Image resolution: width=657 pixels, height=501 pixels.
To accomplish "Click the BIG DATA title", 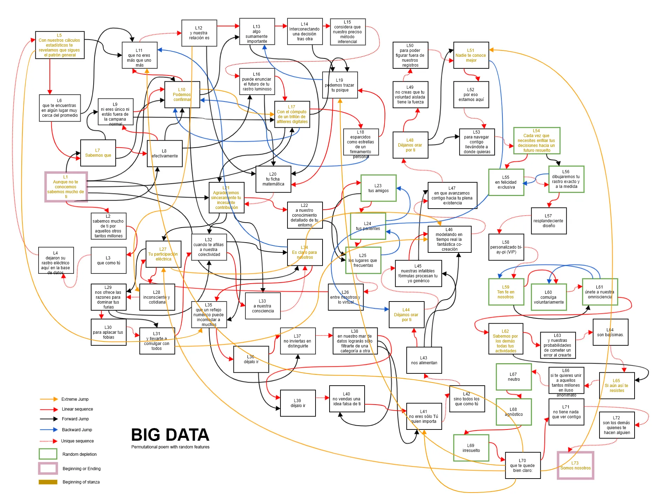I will (x=170, y=435).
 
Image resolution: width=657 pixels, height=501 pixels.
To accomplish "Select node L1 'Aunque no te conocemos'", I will (x=66, y=187).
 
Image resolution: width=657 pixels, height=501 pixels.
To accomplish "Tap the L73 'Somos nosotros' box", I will (x=575, y=465).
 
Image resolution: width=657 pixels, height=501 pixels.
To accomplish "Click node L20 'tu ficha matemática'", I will (x=273, y=179).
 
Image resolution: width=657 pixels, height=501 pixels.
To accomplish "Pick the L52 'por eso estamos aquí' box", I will (x=471, y=95).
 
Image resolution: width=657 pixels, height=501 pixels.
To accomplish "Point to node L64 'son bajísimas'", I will (x=610, y=332).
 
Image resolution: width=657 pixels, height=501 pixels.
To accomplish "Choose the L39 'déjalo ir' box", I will (x=298, y=403).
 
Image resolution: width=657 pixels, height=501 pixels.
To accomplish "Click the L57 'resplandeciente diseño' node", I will (x=549, y=221).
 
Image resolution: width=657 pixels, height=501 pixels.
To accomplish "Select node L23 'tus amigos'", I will (x=378, y=188).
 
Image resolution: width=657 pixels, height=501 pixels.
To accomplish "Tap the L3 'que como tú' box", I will (x=108, y=260).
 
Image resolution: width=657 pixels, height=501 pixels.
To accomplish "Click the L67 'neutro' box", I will (x=514, y=377).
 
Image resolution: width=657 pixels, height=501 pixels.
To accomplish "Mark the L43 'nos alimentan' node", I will (x=424, y=360).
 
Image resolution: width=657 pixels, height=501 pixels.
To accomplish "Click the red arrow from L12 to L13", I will (x=228, y=26).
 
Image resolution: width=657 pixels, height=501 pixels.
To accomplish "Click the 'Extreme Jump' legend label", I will (x=75, y=399).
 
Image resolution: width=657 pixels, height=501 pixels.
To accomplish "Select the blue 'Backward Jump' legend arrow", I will (x=49, y=429).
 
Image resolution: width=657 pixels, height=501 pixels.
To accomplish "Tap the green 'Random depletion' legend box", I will (x=48, y=454).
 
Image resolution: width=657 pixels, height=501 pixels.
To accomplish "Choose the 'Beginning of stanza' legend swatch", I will (x=48, y=482).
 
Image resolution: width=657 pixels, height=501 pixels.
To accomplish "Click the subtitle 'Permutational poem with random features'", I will (x=170, y=447).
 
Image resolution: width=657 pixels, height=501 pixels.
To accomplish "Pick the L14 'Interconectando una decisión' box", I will (x=305, y=31).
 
